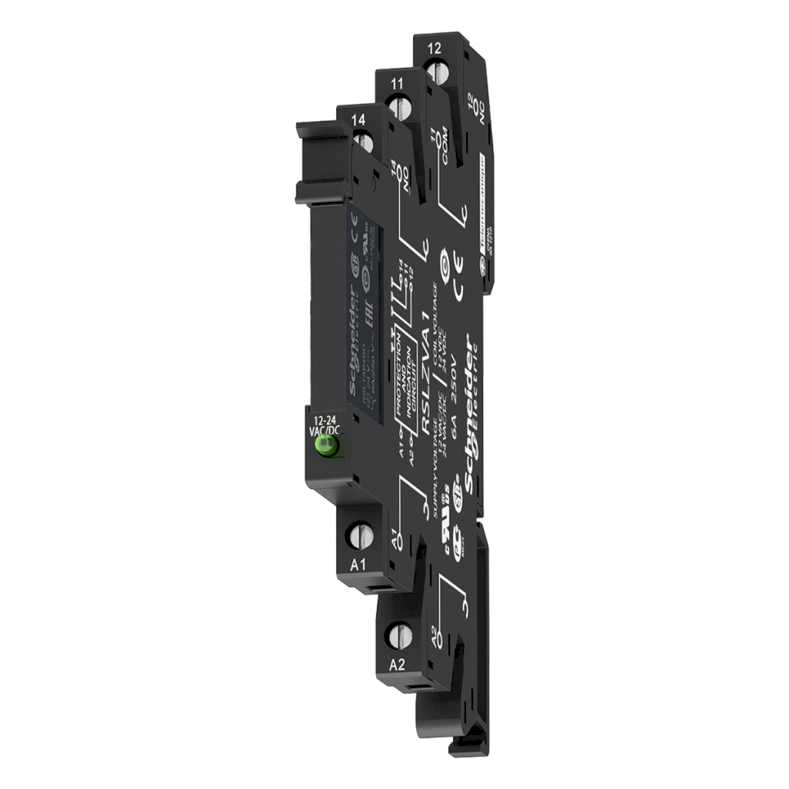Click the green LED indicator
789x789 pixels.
pyautogui.click(x=329, y=445)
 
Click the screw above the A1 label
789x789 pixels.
pyautogui.click(x=358, y=533)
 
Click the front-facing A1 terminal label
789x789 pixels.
pyautogui.click(x=358, y=564)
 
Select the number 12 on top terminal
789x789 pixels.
pyautogui.click(x=434, y=49)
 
